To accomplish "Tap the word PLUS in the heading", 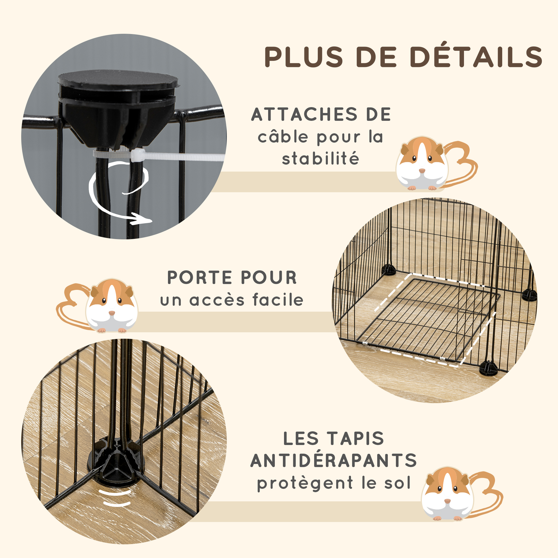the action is click(x=304, y=57).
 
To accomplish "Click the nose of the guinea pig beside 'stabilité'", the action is click(x=422, y=171).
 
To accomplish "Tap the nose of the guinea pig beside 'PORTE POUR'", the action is click(x=112, y=313).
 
